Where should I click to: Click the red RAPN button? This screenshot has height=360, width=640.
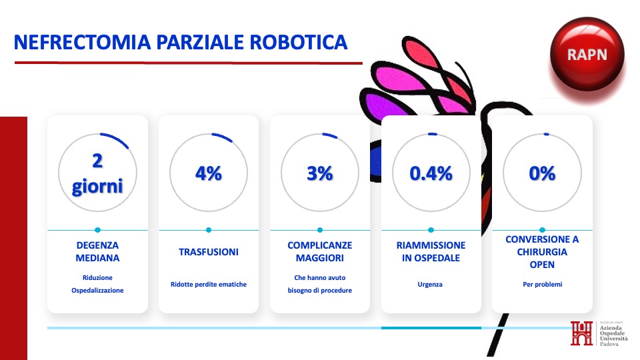pos(587,54)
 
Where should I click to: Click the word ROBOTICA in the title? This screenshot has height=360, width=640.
pos(299,42)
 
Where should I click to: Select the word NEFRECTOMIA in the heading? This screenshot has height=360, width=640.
pos(82,42)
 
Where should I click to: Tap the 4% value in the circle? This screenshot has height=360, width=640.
pos(209,173)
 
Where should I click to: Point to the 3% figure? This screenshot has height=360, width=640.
pos(320,173)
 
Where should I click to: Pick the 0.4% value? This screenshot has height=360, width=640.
pos(431,173)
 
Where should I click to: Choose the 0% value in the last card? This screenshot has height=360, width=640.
pos(542,173)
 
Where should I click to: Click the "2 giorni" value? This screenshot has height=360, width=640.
pos(97,173)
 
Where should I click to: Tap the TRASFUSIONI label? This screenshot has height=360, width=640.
pos(209,252)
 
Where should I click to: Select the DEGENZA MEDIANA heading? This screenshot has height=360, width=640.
pos(97,251)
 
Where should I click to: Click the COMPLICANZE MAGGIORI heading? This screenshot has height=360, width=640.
pos(320,251)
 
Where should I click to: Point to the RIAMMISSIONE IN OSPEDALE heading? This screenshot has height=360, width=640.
pos(431,251)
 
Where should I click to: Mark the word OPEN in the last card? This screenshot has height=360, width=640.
pos(542,265)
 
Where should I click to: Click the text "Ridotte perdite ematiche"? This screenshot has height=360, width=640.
pos(209,284)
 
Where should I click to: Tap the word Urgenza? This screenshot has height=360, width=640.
pos(430,285)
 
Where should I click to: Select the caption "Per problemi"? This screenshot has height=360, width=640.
pos(543,284)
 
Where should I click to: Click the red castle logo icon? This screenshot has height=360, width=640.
pos(581,333)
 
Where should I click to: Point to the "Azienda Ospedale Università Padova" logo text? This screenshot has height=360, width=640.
pos(613,335)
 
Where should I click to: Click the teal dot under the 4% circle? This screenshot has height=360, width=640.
pos(209,230)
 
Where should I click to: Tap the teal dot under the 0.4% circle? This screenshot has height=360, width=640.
pos(431,230)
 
